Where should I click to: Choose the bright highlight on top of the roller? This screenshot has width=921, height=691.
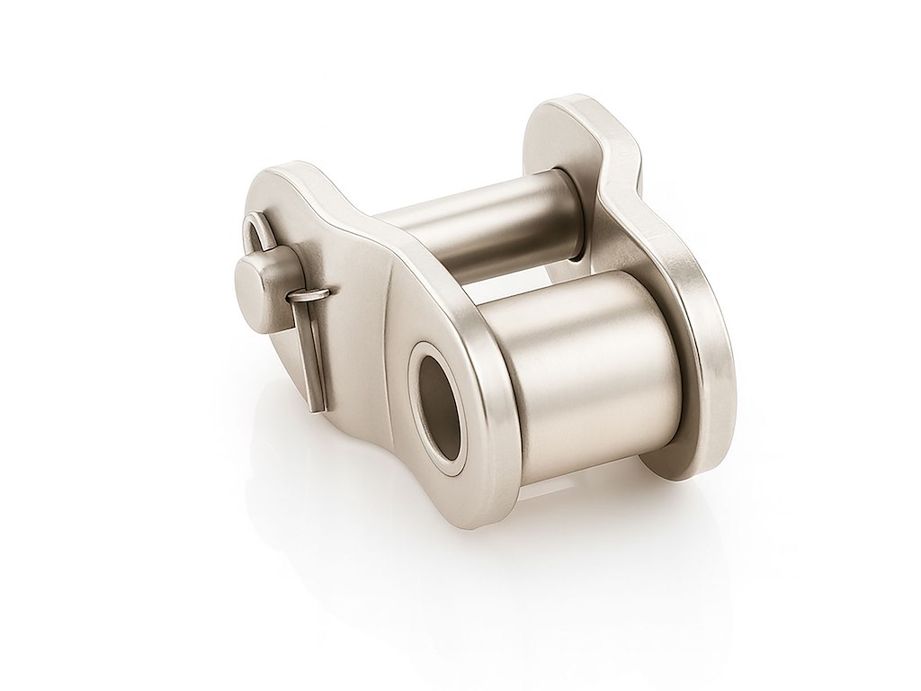pos(576,297)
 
